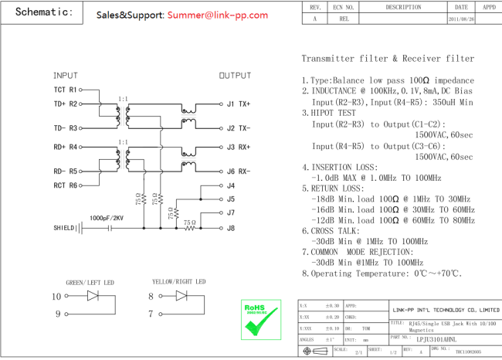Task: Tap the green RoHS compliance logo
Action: click(259, 320)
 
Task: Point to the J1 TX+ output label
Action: click(238, 104)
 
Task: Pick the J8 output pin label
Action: click(231, 228)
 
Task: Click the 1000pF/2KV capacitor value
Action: click(106, 219)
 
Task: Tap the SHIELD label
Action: click(64, 228)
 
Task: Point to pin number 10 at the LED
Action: click(56, 296)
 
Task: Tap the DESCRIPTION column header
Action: click(403, 7)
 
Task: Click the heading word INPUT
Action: click(65, 76)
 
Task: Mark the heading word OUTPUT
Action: click(235, 76)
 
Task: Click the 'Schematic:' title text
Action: click(43, 12)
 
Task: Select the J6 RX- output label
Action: click(238, 171)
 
